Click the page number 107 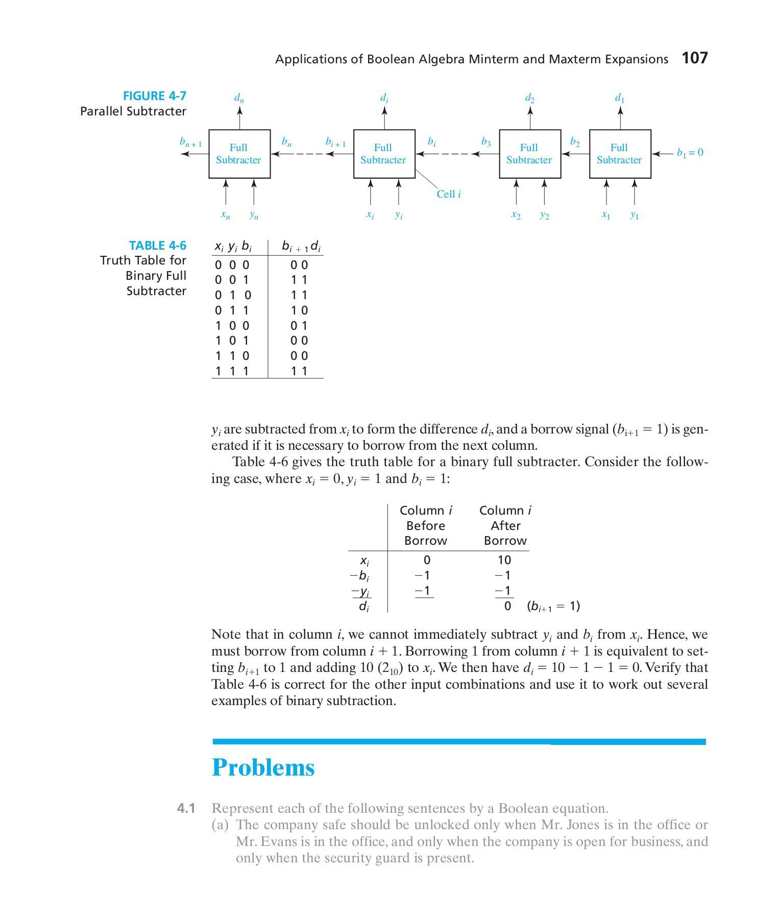tap(695, 58)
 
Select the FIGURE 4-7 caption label tap(154, 96)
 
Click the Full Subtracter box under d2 tap(529, 154)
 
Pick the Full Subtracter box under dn tap(239, 154)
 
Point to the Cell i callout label tap(449, 194)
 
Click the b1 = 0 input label tap(690, 152)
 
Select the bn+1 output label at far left tap(190, 142)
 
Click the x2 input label tap(516, 215)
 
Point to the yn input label tap(254, 215)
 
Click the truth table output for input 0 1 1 tap(299, 310)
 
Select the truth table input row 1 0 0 tap(232, 326)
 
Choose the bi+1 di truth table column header tap(301, 247)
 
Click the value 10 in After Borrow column tap(504, 560)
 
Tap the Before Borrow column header tap(426, 525)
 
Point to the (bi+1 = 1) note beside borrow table tap(553, 606)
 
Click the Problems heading tap(263, 767)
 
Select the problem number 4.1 tap(186, 808)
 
